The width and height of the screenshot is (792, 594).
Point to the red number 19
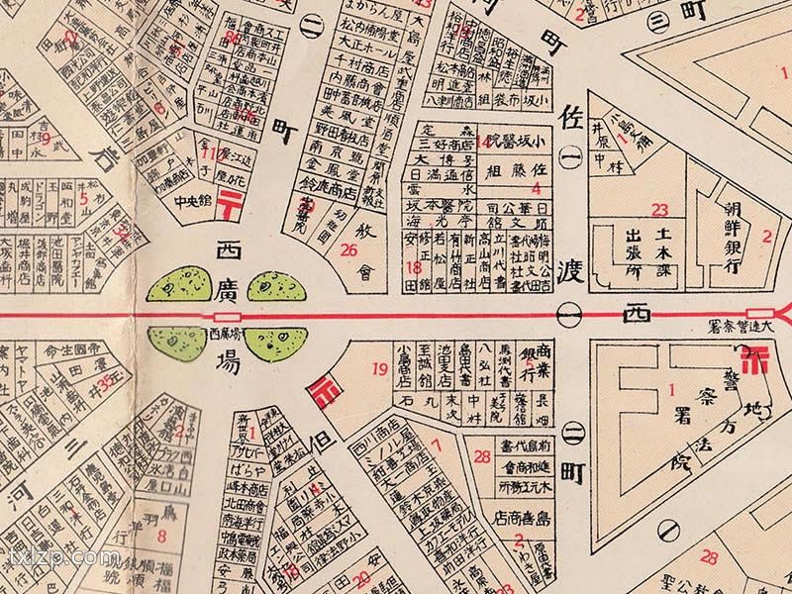click(x=380, y=370)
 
